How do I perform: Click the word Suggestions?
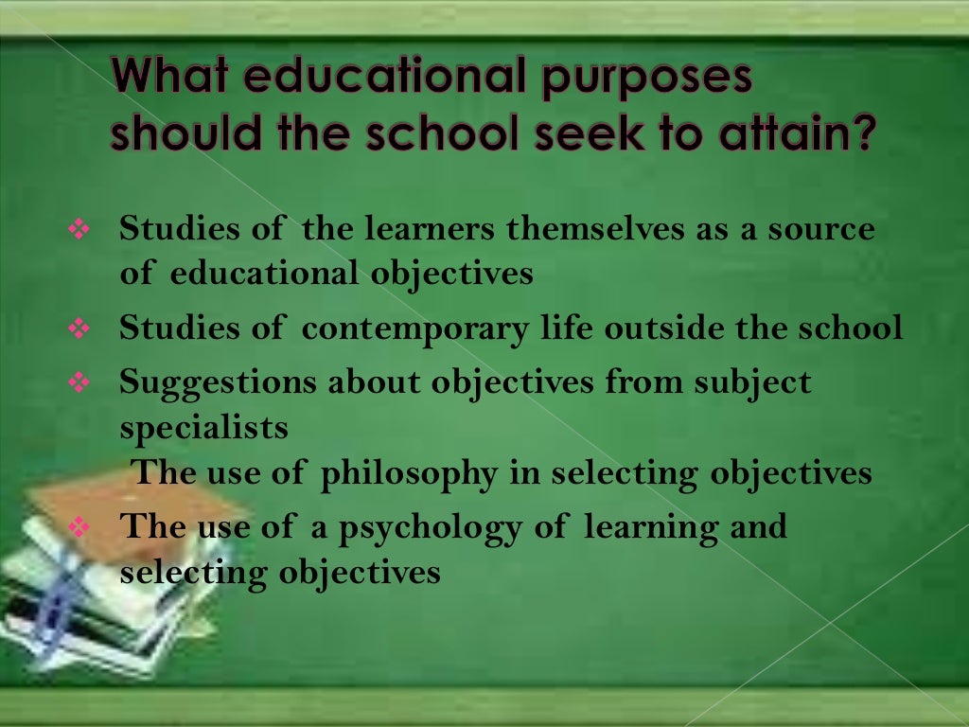click(x=217, y=383)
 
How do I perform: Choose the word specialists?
click(x=203, y=428)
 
